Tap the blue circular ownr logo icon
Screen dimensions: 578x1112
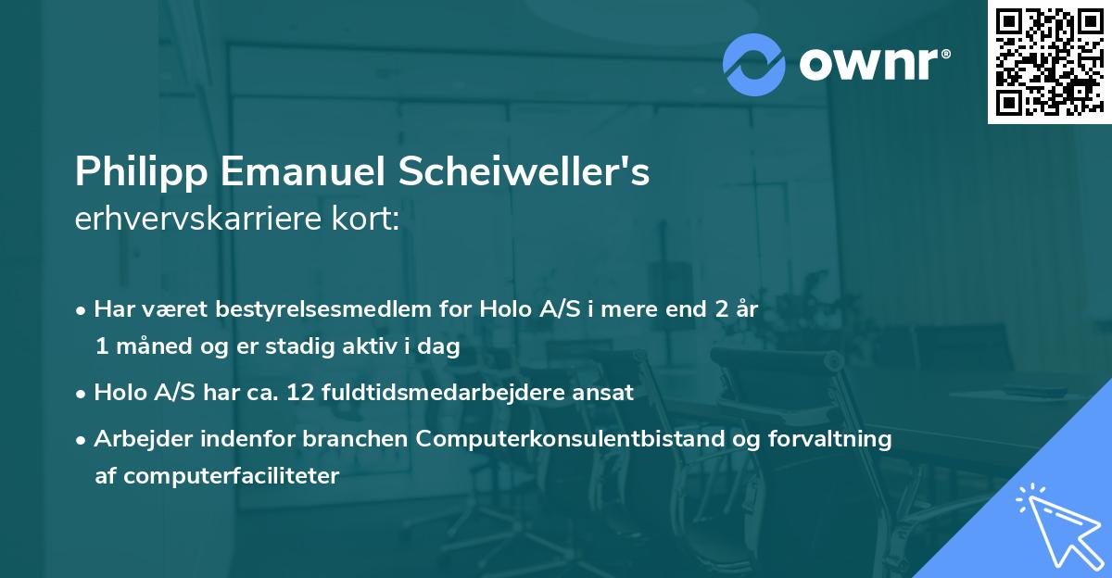point(754,64)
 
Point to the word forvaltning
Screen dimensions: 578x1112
point(840,439)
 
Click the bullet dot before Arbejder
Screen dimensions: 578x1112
point(82,440)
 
